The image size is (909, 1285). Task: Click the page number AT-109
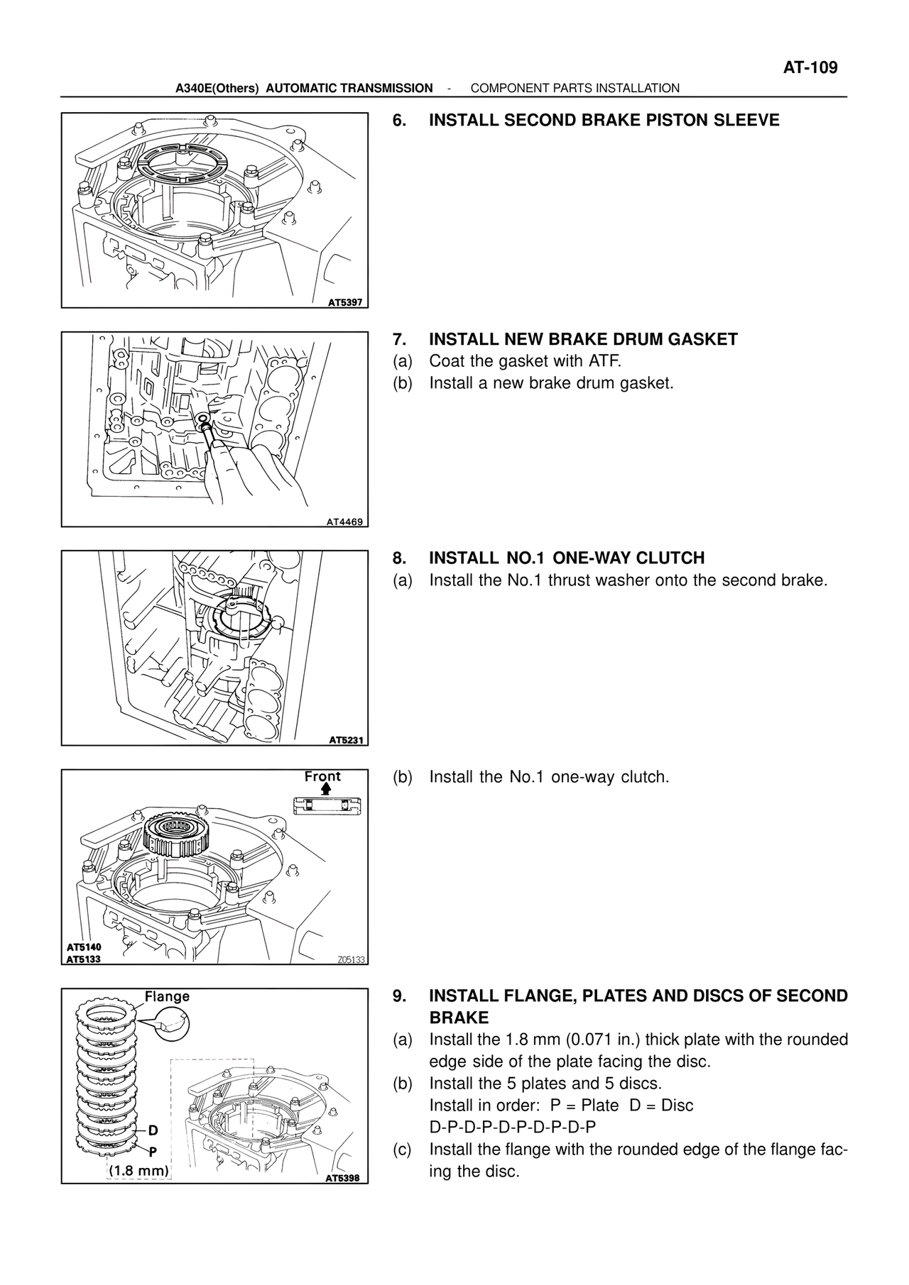point(810,68)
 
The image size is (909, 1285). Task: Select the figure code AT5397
point(345,302)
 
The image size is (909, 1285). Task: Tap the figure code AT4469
point(344,522)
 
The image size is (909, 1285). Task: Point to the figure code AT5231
point(346,740)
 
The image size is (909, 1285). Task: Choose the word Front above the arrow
point(322,776)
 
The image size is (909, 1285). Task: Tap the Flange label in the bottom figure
point(167,996)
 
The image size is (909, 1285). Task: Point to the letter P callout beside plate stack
point(153,1151)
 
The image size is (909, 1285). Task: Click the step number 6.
point(400,121)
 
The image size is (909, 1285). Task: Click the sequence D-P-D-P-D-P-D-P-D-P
point(513,1127)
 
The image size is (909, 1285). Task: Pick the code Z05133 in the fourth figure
point(350,959)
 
